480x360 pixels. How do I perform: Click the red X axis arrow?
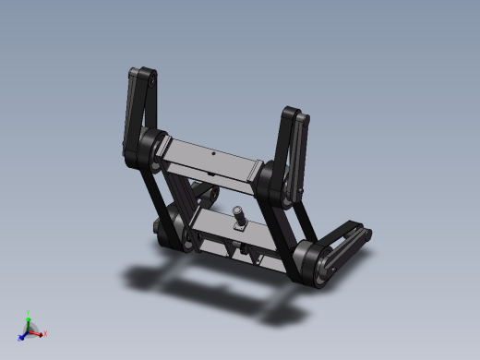[x=40, y=332]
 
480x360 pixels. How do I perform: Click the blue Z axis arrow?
[x=23, y=334]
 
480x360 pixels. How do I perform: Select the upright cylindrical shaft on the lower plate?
[x=238, y=217]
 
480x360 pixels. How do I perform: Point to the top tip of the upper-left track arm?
[x=142, y=74]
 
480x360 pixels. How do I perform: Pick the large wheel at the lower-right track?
[x=314, y=262]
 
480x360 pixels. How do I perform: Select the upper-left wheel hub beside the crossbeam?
[x=148, y=148]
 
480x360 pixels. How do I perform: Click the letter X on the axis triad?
[x=45, y=332]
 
